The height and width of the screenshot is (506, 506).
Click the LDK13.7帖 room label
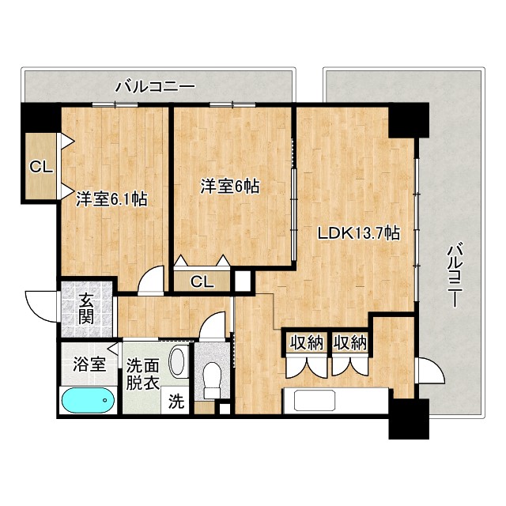(357, 233)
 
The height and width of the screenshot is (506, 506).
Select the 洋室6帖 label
(230, 187)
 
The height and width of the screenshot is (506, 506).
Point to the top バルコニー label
(155, 85)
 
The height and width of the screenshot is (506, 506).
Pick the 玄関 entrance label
(87, 309)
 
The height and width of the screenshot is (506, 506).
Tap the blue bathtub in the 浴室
(86, 401)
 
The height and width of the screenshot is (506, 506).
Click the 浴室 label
(89, 364)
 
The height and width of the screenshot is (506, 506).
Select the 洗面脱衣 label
(143, 373)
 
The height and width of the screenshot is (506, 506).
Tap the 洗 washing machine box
(176, 401)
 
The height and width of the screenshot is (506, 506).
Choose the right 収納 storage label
(349, 342)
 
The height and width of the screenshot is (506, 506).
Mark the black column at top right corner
(407, 120)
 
